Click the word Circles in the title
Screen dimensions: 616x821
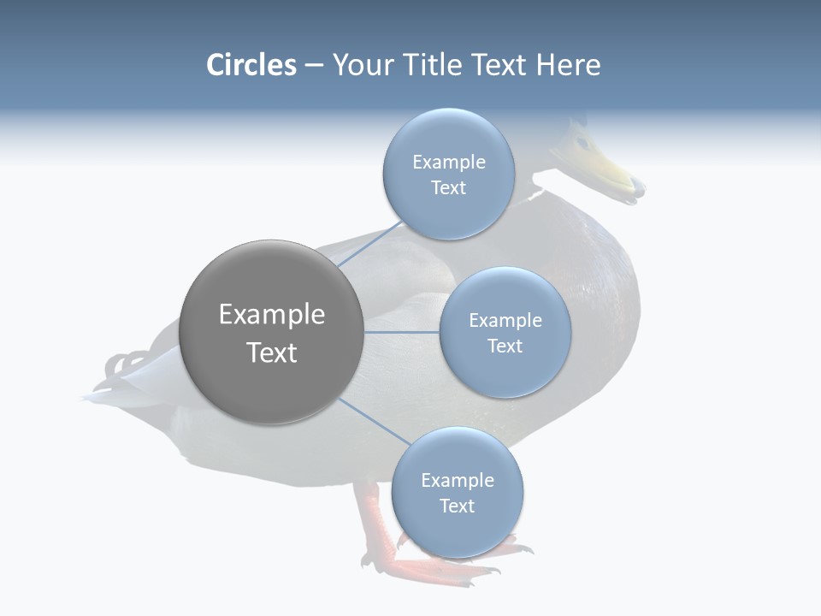point(251,65)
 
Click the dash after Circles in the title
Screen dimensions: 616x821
point(313,66)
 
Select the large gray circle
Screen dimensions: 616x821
point(271,332)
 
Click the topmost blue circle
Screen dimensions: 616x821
point(448,174)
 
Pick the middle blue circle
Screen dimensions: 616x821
point(505,332)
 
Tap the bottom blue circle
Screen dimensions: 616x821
point(457,492)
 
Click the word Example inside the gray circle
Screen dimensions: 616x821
point(271,315)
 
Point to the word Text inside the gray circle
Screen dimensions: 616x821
point(271,352)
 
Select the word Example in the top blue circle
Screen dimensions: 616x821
point(448,162)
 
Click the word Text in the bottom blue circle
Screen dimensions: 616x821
point(457,506)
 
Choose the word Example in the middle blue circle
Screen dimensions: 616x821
point(505,320)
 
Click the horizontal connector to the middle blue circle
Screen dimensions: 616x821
point(401,332)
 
